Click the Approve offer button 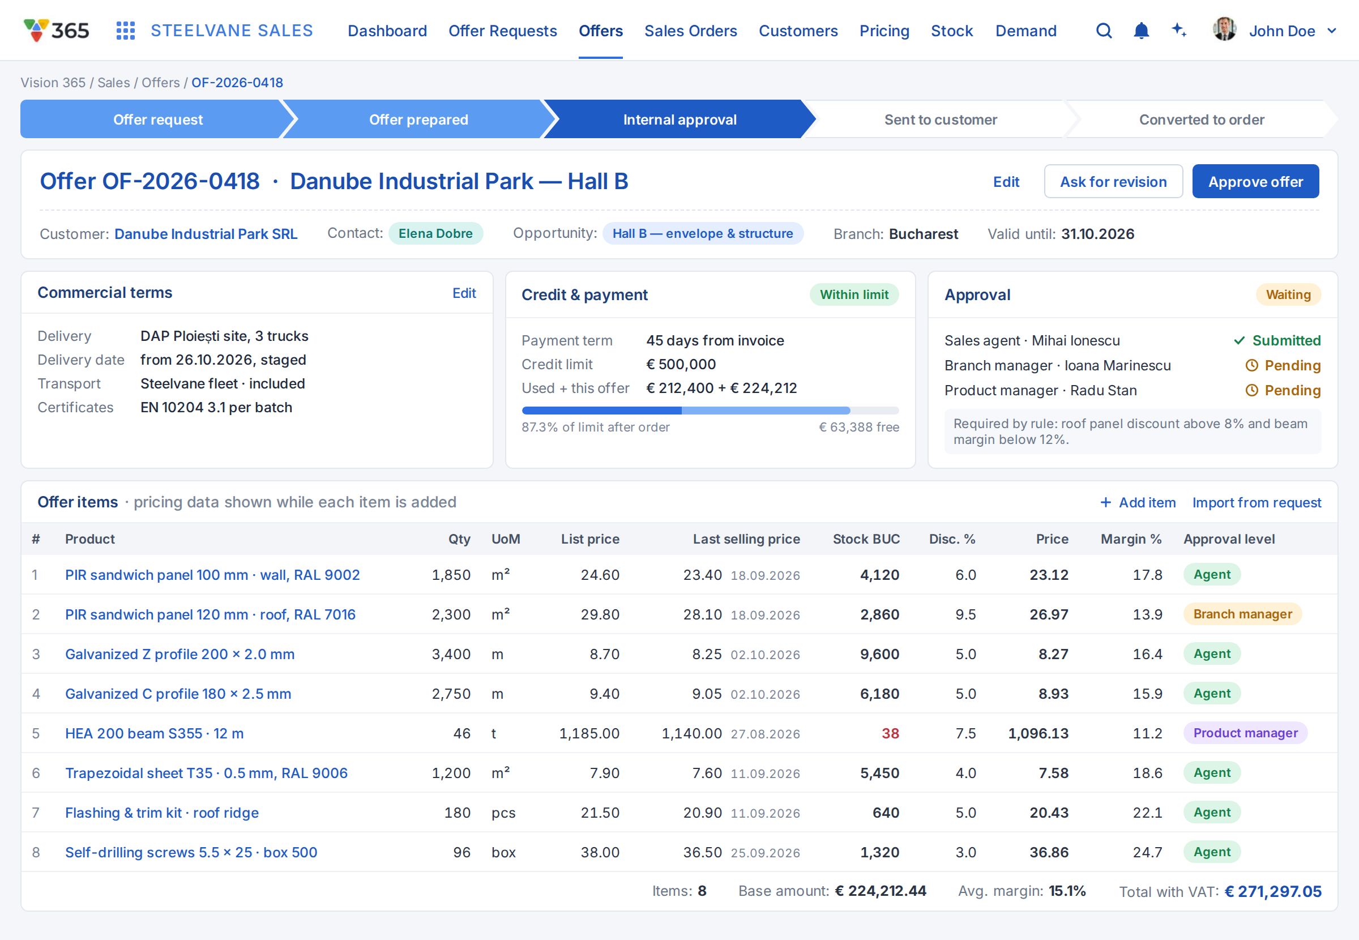(x=1255, y=181)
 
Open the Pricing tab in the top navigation (x=884, y=31)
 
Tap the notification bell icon (x=1141, y=31)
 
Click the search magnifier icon (x=1104, y=31)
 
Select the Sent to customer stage (x=941, y=119)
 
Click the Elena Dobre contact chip (x=435, y=233)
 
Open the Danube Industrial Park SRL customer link (x=206, y=234)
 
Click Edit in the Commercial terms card (x=464, y=293)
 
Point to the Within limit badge (x=854, y=294)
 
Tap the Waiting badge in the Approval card (x=1288, y=294)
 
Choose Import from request (x=1257, y=502)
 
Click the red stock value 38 (x=890, y=733)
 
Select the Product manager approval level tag (x=1245, y=733)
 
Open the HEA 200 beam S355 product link (x=154, y=733)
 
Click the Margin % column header (x=1131, y=539)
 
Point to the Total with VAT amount (x=1273, y=892)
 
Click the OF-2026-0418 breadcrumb (x=237, y=83)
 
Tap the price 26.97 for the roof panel (x=1049, y=614)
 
